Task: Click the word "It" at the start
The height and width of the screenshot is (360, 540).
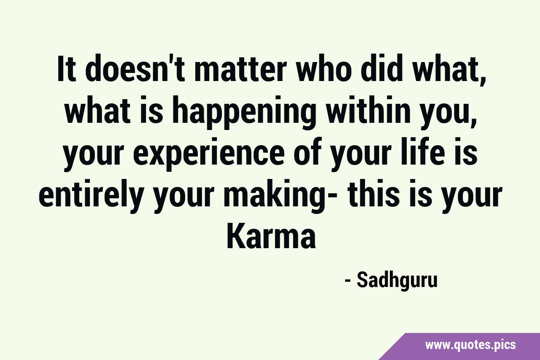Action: pyautogui.click(x=66, y=69)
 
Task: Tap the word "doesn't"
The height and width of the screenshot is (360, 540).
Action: pyautogui.click(x=135, y=69)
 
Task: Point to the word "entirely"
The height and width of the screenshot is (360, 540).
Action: pyautogui.click(x=90, y=197)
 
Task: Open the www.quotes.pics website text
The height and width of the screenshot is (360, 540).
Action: pyautogui.click(x=470, y=345)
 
